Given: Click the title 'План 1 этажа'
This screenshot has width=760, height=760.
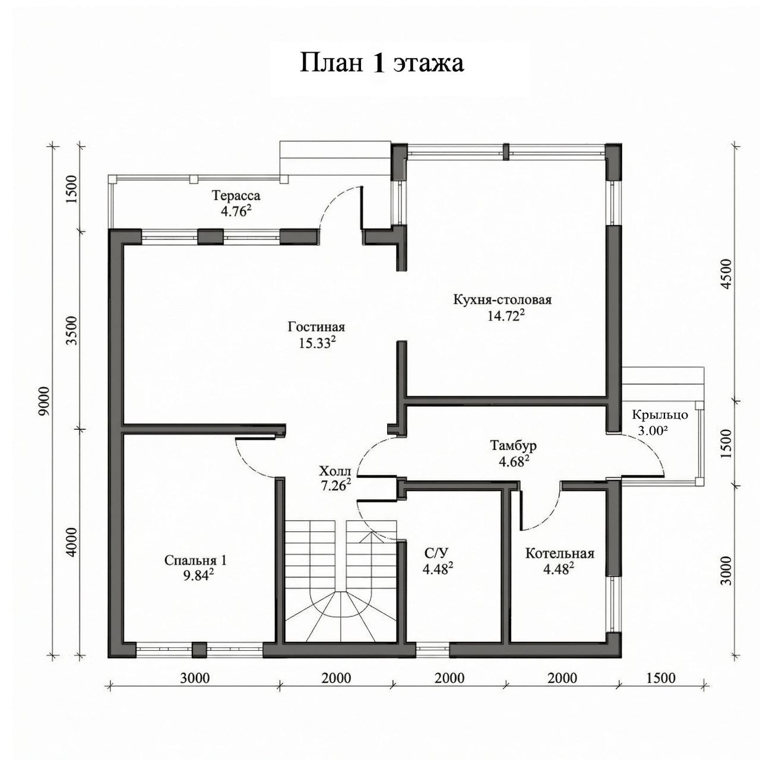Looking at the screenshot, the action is pyautogui.click(x=381, y=63).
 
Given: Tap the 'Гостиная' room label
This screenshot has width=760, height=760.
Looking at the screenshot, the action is pyautogui.click(x=316, y=327).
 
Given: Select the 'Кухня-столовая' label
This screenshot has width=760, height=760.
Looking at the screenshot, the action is pyautogui.click(x=502, y=300).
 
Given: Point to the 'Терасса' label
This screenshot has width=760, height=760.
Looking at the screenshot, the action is pyautogui.click(x=236, y=195).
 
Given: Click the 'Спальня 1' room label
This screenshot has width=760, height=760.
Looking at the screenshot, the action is pyautogui.click(x=195, y=560).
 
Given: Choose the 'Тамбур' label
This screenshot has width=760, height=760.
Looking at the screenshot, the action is pyautogui.click(x=513, y=446).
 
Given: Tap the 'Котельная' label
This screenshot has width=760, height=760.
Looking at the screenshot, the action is pyautogui.click(x=559, y=553).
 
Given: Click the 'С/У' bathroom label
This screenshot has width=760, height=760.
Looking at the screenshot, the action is pyautogui.click(x=436, y=553).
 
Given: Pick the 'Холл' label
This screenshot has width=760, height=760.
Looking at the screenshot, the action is pyautogui.click(x=334, y=471).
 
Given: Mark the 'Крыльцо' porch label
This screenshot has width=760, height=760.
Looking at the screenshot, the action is pyautogui.click(x=660, y=414).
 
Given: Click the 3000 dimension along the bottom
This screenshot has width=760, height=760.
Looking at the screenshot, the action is pyautogui.click(x=195, y=679).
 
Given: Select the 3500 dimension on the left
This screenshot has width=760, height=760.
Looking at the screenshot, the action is pyautogui.click(x=72, y=331).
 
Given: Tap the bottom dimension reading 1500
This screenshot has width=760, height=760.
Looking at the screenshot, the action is pyautogui.click(x=661, y=679).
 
